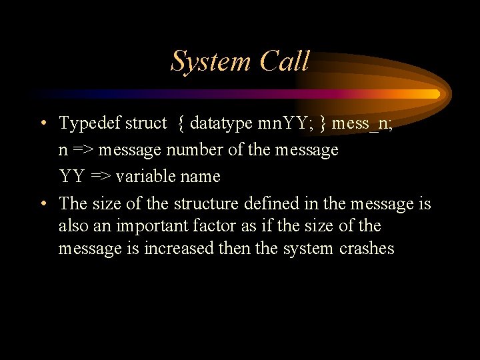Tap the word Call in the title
[285, 61]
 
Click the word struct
[146, 123]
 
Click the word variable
[144, 177]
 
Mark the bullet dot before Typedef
[43, 123]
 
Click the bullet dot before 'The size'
[43, 203]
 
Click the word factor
[213, 226]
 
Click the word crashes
[367, 249]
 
